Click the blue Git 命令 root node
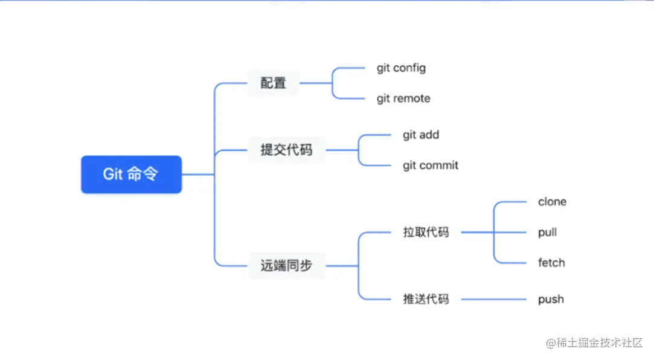coord(131,175)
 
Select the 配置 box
coord(274,83)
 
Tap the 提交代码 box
coord(286,150)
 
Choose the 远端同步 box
coord(286,265)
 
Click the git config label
coord(401,68)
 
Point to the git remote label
coord(403,98)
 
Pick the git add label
coord(421,135)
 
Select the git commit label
coord(431,166)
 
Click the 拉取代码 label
coord(426,232)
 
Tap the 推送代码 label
coord(426,299)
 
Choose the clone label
coord(552,202)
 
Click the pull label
coord(547,233)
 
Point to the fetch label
coord(551,263)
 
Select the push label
coord(551,300)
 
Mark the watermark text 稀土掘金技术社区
coord(594,343)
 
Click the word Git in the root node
coord(113,175)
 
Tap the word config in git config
coord(409,68)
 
